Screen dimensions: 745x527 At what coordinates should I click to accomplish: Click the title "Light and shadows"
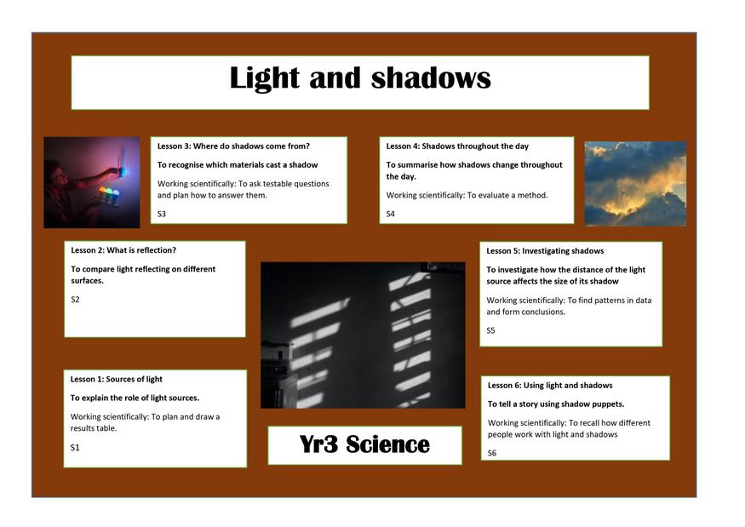[x=360, y=78]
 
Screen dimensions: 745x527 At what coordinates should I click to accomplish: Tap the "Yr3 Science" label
[x=364, y=444]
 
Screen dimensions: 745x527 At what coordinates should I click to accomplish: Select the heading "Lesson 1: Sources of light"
[x=117, y=379]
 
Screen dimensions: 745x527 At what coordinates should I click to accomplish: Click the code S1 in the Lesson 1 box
[x=75, y=447]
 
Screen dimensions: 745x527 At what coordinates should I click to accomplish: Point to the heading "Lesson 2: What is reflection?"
[x=123, y=250]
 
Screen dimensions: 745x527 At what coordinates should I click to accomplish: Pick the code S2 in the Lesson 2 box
[x=75, y=300]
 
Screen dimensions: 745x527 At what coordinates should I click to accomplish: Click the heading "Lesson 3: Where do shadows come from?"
[x=234, y=146]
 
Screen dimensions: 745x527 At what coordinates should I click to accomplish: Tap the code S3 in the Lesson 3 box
[x=162, y=214]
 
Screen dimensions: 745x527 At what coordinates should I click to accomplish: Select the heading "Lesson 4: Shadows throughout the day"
[x=457, y=146]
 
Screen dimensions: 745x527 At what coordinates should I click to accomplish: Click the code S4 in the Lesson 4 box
[x=391, y=214]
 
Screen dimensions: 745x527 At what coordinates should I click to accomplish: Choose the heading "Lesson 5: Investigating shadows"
[x=545, y=251]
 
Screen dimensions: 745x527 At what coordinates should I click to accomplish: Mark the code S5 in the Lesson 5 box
[x=490, y=330]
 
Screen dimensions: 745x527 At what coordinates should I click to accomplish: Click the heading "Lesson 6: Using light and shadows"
[x=550, y=386]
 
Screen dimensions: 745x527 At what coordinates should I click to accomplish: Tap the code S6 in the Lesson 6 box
[x=492, y=453]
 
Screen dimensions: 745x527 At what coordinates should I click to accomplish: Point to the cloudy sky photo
[x=635, y=183]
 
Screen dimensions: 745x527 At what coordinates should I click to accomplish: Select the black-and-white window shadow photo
[x=363, y=335]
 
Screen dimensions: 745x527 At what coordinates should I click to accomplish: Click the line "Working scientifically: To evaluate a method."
[x=467, y=195]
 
